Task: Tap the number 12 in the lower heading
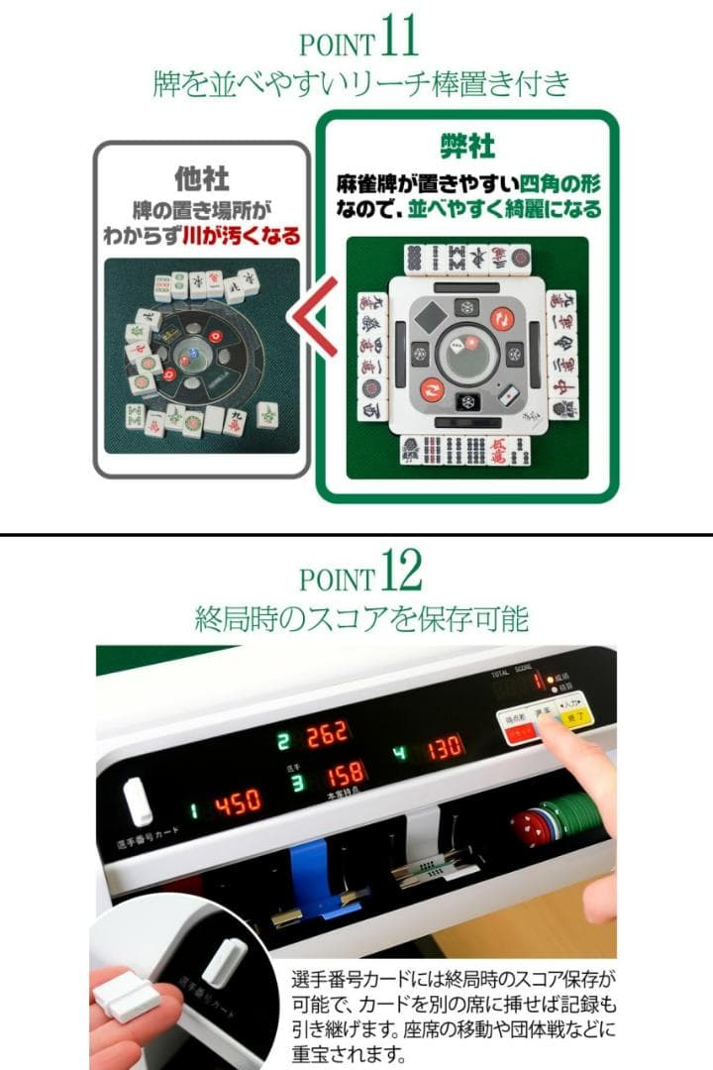[x=398, y=574]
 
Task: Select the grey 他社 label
[x=202, y=178]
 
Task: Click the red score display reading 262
[x=326, y=735]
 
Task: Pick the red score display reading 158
[x=346, y=773]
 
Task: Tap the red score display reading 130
[x=445, y=747]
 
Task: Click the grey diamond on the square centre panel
[x=432, y=318]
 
